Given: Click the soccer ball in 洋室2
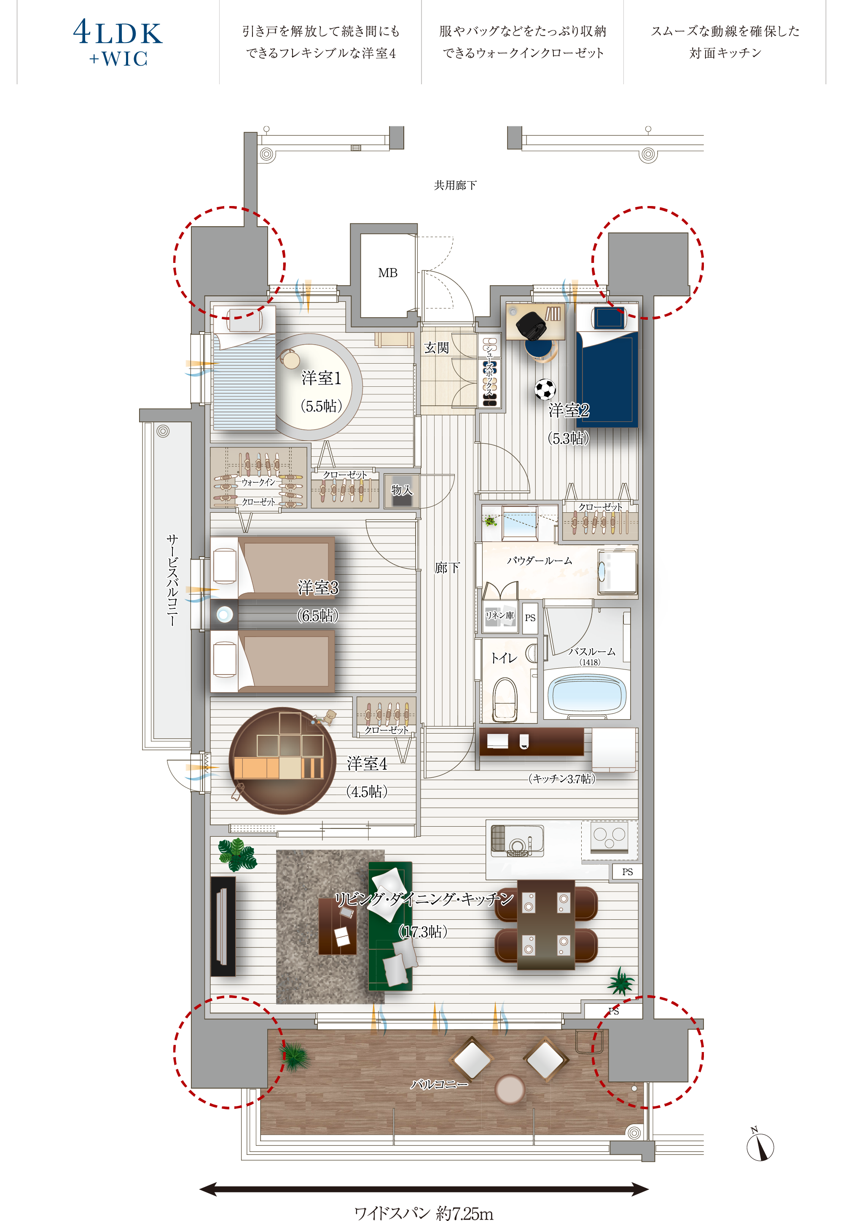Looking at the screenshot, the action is point(545,390).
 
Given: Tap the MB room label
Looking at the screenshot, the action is point(388,273).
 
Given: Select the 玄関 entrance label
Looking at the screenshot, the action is point(436,347).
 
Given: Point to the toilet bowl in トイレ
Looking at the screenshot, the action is point(505,699).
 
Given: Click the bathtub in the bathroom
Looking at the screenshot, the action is point(587,694).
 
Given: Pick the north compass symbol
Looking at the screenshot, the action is point(760,1146).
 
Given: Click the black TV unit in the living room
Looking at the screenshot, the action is point(223,926).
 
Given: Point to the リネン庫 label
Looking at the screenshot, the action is point(499,615).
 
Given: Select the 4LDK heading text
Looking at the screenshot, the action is point(118,33).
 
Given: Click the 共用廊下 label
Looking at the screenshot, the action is point(455,185).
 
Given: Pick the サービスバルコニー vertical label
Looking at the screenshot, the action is point(172,580).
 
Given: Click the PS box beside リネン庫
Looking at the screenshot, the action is point(530,618).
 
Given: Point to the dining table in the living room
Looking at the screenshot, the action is point(545,924).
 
